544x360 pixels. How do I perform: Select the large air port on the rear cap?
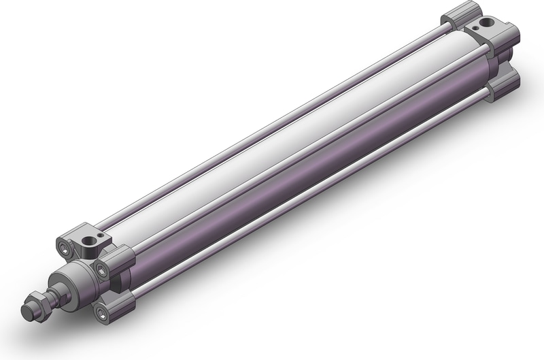(483, 27)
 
